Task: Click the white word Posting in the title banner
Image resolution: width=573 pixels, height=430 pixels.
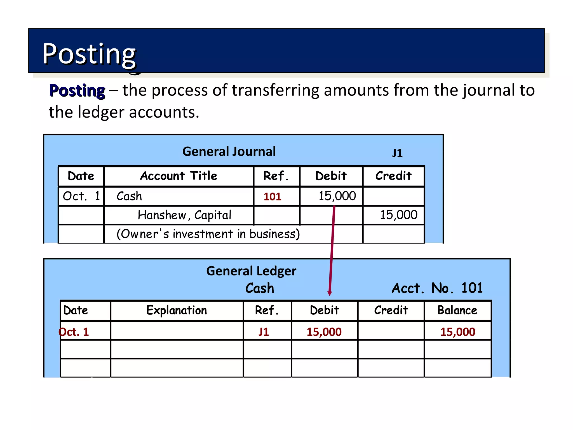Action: pyautogui.click(x=89, y=54)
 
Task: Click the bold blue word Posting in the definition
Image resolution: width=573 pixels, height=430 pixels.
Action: pyautogui.click(x=77, y=91)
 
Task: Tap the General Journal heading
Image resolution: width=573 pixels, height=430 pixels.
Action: pyautogui.click(x=229, y=151)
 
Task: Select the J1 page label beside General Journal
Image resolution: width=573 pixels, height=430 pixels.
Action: pyautogui.click(x=397, y=153)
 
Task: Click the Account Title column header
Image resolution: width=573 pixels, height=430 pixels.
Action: pyautogui.click(x=179, y=176)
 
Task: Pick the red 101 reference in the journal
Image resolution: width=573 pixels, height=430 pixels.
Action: pyautogui.click(x=272, y=197)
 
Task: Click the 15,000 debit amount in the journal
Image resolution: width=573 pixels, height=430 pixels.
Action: pyautogui.click(x=337, y=196)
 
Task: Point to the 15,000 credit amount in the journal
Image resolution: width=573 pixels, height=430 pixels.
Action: pyautogui.click(x=398, y=215)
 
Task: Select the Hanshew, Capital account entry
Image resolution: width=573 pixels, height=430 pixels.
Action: pyautogui.click(x=184, y=215)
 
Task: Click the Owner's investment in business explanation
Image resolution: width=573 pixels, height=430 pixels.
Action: pyautogui.click(x=208, y=234)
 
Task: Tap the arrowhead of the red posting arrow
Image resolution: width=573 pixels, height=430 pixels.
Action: pyautogui.click(x=330, y=293)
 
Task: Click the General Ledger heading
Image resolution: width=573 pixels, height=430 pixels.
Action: pyautogui.click(x=251, y=271)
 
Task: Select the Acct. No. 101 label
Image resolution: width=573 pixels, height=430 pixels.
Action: pyautogui.click(x=437, y=288)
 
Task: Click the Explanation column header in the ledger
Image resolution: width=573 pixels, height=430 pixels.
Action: pyautogui.click(x=177, y=310)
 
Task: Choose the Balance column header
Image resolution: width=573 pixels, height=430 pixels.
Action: pyautogui.click(x=457, y=310)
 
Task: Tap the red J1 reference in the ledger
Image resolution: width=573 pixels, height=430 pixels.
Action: pyautogui.click(x=264, y=332)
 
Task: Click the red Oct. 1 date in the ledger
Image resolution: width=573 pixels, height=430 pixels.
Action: pyautogui.click(x=74, y=332)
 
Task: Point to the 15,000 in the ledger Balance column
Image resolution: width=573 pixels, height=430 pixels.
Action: pyautogui.click(x=457, y=332)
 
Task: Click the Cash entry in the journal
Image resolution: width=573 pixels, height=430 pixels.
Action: pyautogui.click(x=129, y=196)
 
